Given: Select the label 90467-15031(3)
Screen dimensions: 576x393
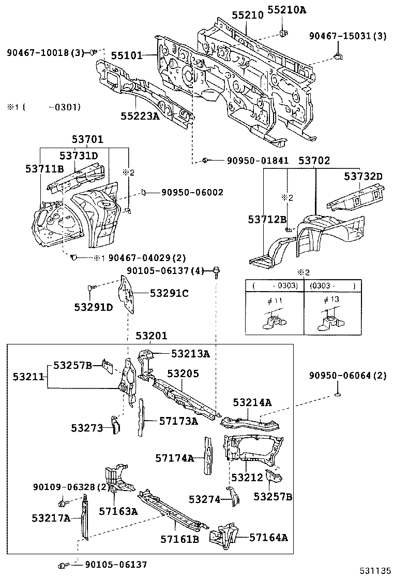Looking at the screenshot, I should tap(347, 36).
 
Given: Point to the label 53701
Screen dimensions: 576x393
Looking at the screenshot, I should tap(87, 139).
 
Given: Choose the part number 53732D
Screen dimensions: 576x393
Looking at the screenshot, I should tap(364, 177).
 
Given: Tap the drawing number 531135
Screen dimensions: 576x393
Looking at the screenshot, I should tap(374, 570).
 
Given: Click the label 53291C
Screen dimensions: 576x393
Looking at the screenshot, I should tap(169, 293).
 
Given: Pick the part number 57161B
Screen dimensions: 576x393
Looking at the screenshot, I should tap(179, 540).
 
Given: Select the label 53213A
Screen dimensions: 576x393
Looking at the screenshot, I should tap(190, 354).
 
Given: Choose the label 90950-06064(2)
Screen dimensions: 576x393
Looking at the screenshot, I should tap(347, 376).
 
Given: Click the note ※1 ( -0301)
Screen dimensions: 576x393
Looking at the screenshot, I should tap(43, 107).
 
